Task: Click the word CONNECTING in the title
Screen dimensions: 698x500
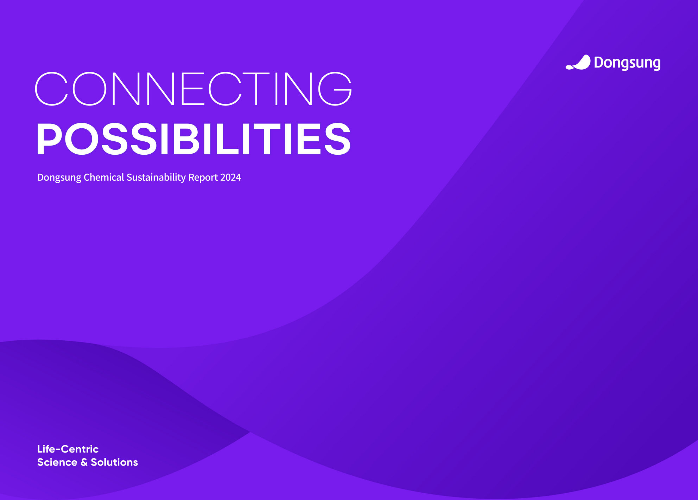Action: pyautogui.click(x=193, y=89)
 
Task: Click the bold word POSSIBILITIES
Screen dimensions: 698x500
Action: pyautogui.click(x=193, y=139)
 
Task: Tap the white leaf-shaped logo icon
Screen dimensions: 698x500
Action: pyautogui.click(x=578, y=63)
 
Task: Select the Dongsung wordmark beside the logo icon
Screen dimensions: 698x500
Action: pyautogui.click(x=627, y=63)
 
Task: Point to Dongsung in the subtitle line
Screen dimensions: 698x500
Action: pyautogui.click(x=59, y=178)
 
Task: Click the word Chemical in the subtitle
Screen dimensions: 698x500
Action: pyautogui.click(x=104, y=177)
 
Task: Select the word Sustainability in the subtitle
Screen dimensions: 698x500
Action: pyautogui.click(x=156, y=178)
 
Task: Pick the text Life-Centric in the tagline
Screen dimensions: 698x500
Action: pyautogui.click(x=68, y=449)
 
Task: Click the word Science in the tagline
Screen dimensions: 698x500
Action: pyautogui.click(x=57, y=462)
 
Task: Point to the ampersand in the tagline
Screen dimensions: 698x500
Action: pyautogui.click(x=84, y=462)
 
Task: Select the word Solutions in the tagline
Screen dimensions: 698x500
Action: pyautogui.click(x=114, y=462)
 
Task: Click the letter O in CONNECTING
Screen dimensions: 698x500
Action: pyautogui.click(x=89, y=89)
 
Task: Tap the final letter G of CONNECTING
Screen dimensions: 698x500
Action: pyautogui.click(x=335, y=89)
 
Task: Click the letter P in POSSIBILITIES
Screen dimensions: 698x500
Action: pyautogui.click(x=50, y=139)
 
